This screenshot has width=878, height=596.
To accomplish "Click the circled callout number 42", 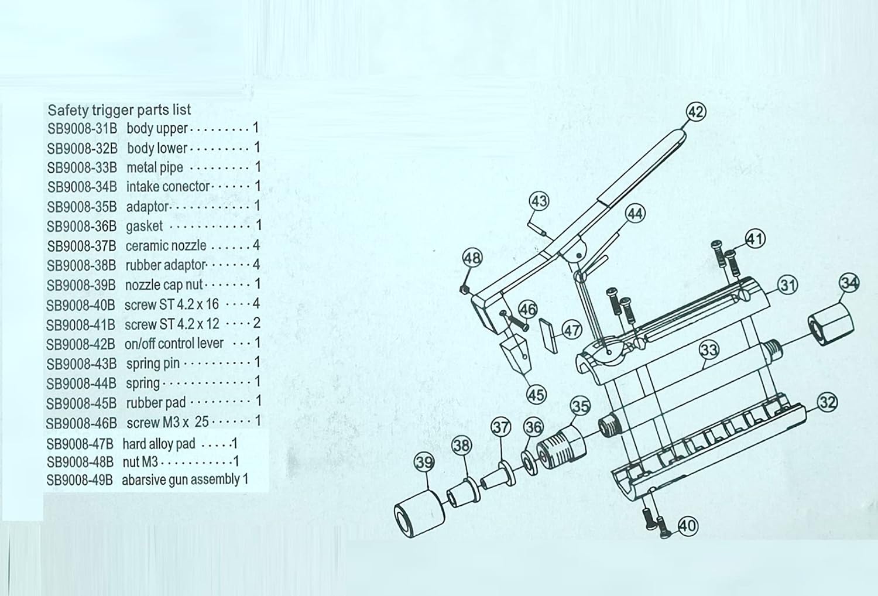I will coord(695,112).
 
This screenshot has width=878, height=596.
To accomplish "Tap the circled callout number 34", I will coord(849,283).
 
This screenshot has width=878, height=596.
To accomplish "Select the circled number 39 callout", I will coord(424,463).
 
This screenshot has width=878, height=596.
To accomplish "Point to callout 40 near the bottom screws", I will coord(687,525).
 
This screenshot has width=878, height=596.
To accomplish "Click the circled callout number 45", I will coord(536,395).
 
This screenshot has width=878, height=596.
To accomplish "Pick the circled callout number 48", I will coord(472,258).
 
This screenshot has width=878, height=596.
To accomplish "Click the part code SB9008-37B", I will coord(81,246).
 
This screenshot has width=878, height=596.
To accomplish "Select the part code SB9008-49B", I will coord(80,480).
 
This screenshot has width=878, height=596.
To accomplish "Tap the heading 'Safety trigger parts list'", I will coord(119,109).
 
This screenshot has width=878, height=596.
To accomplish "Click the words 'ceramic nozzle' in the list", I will coord(166,246).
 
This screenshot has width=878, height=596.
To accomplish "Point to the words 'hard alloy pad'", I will coord(159,444).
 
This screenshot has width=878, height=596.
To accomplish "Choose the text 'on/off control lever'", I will coord(174,343).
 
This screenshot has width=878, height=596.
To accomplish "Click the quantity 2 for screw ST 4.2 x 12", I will coord(256,323).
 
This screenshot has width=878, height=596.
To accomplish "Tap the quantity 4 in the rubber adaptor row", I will coord(256,265).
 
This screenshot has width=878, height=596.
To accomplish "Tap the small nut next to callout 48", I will coord(462,289).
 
